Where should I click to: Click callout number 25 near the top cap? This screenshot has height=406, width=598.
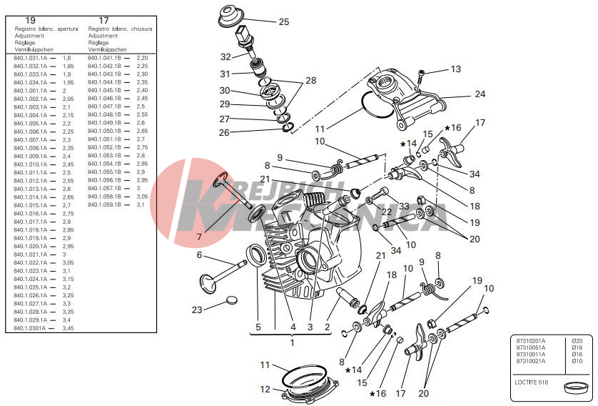pyautogui.click(x=283, y=22)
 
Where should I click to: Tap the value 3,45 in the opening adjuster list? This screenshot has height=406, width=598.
pyautogui.click(x=68, y=328)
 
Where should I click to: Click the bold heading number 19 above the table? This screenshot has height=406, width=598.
pyautogui.click(x=30, y=20)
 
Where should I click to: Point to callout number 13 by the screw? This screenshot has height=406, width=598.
pyautogui.click(x=456, y=69)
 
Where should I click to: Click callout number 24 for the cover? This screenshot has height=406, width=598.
pyautogui.click(x=480, y=94)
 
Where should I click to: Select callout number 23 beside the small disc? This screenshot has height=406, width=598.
pyautogui.click(x=197, y=310)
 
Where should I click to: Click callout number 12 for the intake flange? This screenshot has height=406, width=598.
pyautogui.click(x=265, y=390)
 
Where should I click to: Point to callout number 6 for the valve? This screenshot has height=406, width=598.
pyautogui.click(x=200, y=255)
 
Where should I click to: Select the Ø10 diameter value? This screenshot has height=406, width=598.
pyautogui.click(x=577, y=361)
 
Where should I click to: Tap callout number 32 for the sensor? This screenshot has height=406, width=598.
pyautogui.click(x=225, y=56)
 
